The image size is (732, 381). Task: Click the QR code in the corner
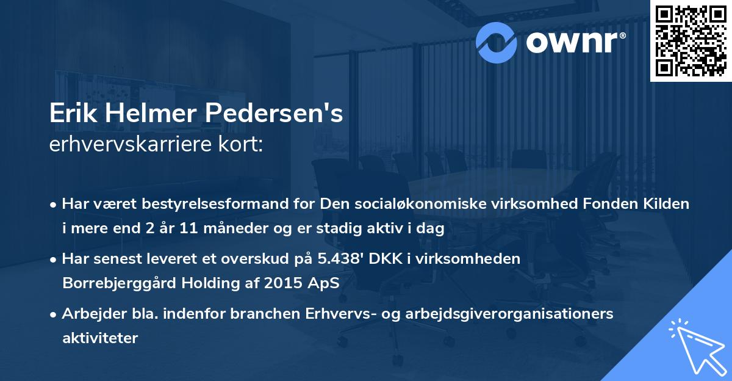coord(691,40)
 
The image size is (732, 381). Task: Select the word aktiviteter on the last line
coord(100,338)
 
